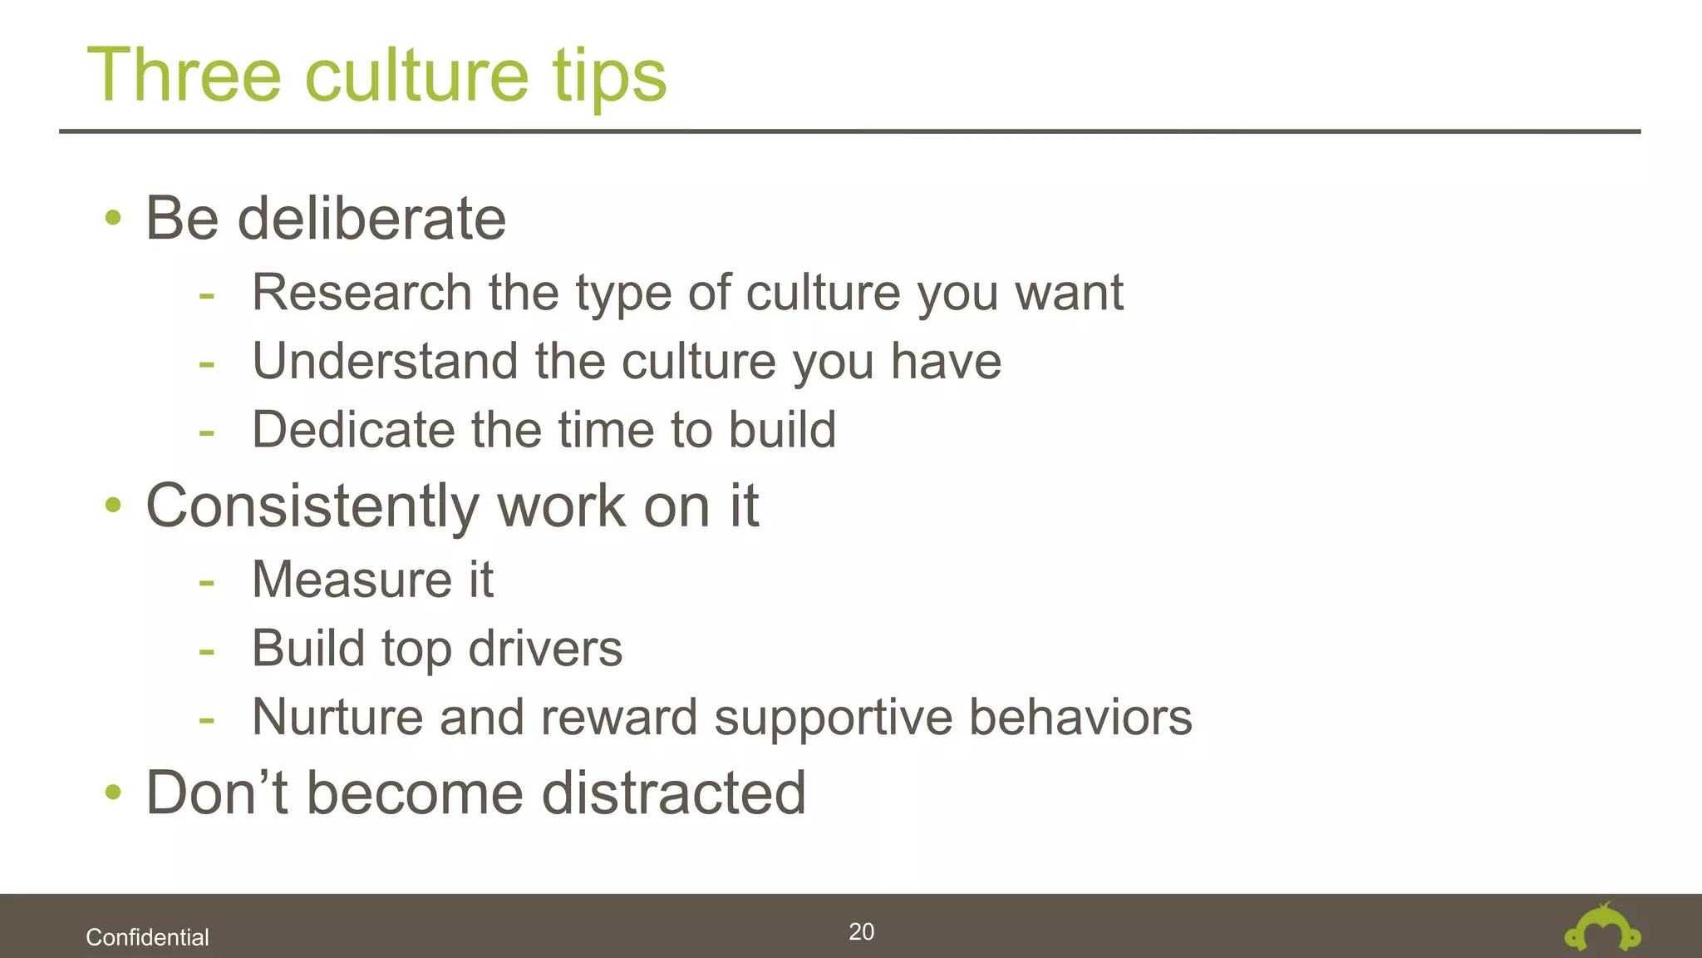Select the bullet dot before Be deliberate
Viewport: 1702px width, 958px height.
pos(113,219)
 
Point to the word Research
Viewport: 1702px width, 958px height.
pos(362,293)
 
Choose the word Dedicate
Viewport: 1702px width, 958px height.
pos(353,430)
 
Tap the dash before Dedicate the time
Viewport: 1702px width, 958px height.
pos(206,432)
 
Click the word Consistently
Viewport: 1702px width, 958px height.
pos(312,506)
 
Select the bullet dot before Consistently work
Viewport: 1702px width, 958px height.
pos(113,505)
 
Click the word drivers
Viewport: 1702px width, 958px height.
pos(545,649)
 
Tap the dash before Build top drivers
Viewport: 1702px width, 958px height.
pos(206,651)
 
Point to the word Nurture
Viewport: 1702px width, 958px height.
pos(337,717)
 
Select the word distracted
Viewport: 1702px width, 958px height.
pos(674,793)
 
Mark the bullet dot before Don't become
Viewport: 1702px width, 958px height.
pos(113,793)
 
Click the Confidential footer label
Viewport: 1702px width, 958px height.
pos(147,937)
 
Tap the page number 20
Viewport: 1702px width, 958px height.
pos(861,931)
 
